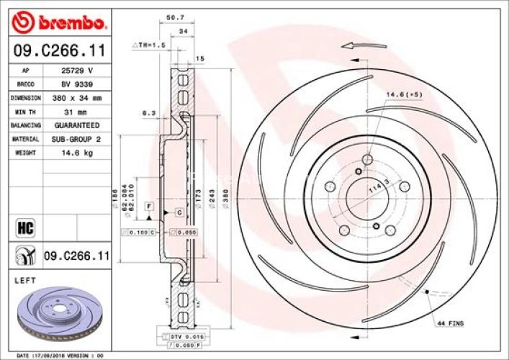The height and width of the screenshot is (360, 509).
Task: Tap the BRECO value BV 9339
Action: pyautogui.click(x=78, y=85)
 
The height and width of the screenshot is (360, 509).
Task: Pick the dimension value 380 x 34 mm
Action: pyautogui.click(x=78, y=98)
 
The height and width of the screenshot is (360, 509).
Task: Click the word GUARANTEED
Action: pyautogui.click(x=78, y=125)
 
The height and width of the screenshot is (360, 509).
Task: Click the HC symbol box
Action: pyautogui.click(x=25, y=229)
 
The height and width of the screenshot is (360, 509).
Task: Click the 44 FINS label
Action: pyautogui.click(x=451, y=324)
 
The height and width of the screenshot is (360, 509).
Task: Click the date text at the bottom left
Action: pyautogui.click(x=60, y=356)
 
